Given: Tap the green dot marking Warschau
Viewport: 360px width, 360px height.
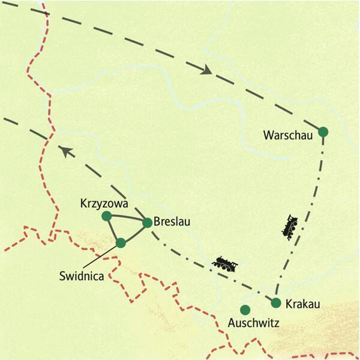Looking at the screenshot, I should pyautogui.click(x=323, y=132).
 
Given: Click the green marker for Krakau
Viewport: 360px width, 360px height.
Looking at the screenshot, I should pyautogui.click(x=276, y=302).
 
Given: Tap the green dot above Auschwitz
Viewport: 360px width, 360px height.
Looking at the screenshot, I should pyautogui.click(x=245, y=310).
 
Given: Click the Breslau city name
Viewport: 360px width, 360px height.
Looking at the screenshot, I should pyautogui.click(x=172, y=222).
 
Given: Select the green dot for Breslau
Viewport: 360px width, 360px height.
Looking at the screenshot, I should pyautogui.click(x=147, y=223).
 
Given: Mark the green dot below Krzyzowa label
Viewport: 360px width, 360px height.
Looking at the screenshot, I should pyautogui.click(x=107, y=215).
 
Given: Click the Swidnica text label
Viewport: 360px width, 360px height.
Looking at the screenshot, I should pyautogui.click(x=82, y=276).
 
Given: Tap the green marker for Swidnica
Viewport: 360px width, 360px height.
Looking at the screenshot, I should pyautogui.click(x=121, y=243).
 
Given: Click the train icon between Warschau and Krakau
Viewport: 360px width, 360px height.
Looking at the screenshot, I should pyautogui.click(x=290, y=226).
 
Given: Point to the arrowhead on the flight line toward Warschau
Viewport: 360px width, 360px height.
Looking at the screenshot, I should pyautogui.click(x=206, y=70).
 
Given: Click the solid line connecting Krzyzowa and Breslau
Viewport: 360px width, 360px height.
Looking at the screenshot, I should pyautogui.click(x=127, y=219).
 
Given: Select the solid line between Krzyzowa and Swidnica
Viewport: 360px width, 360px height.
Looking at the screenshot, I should pyautogui.click(x=113, y=229).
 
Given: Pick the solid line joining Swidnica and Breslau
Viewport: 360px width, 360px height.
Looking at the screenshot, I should pyautogui.click(x=134, y=232).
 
